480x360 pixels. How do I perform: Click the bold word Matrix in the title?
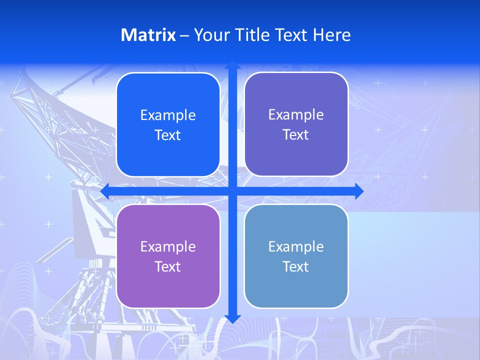pos(148,35)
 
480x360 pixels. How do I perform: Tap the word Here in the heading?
pos(331,35)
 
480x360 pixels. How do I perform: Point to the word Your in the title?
pos(210,35)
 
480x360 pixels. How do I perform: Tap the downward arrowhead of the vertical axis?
pos(232,318)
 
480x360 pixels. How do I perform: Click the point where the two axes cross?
pos(232,191)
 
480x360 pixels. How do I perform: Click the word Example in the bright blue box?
pos(168,115)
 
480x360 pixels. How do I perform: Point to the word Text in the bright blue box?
pos(168,135)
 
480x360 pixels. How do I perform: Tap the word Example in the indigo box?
pos(296,115)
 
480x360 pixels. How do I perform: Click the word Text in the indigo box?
pos(296,135)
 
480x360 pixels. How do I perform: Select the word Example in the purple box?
pos(168,247)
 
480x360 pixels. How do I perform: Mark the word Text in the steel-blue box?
pos(296,267)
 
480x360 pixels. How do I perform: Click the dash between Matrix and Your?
pos(184,35)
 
